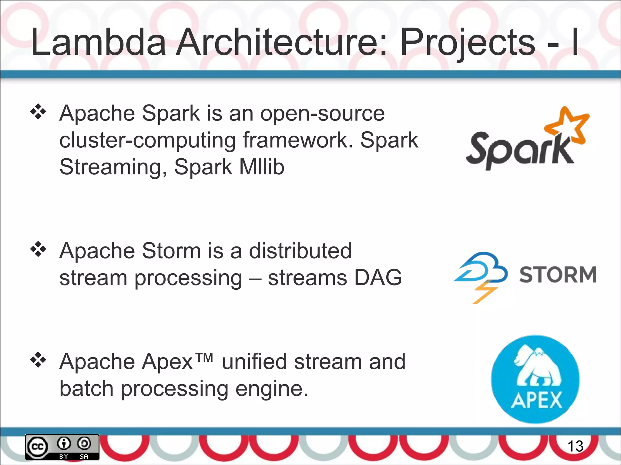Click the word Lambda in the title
coord(99,42)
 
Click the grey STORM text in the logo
coord(558,275)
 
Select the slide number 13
coord(575,446)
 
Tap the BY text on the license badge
coord(64,456)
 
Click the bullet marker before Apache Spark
coord(38,112)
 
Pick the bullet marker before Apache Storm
coord(38,249)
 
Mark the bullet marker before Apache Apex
coord(38,360)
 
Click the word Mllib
coord(262,167)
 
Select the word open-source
coord(322,114)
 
